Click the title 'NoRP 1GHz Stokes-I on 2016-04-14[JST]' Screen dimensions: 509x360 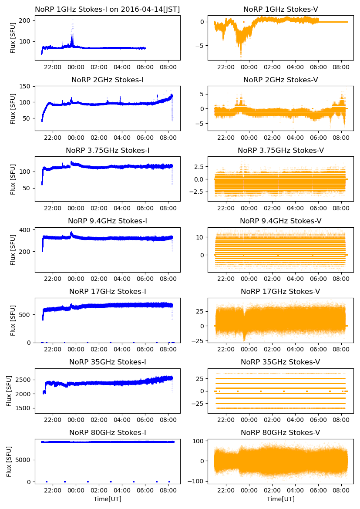coord(108,9)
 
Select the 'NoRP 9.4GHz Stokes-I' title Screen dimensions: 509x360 coord(108,221)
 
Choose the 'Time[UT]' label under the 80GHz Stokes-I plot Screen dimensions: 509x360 coord(108,499)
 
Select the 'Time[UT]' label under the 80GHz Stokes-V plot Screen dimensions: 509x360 coord(280,499)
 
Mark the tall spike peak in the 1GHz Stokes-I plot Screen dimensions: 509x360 coord(73,20)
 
